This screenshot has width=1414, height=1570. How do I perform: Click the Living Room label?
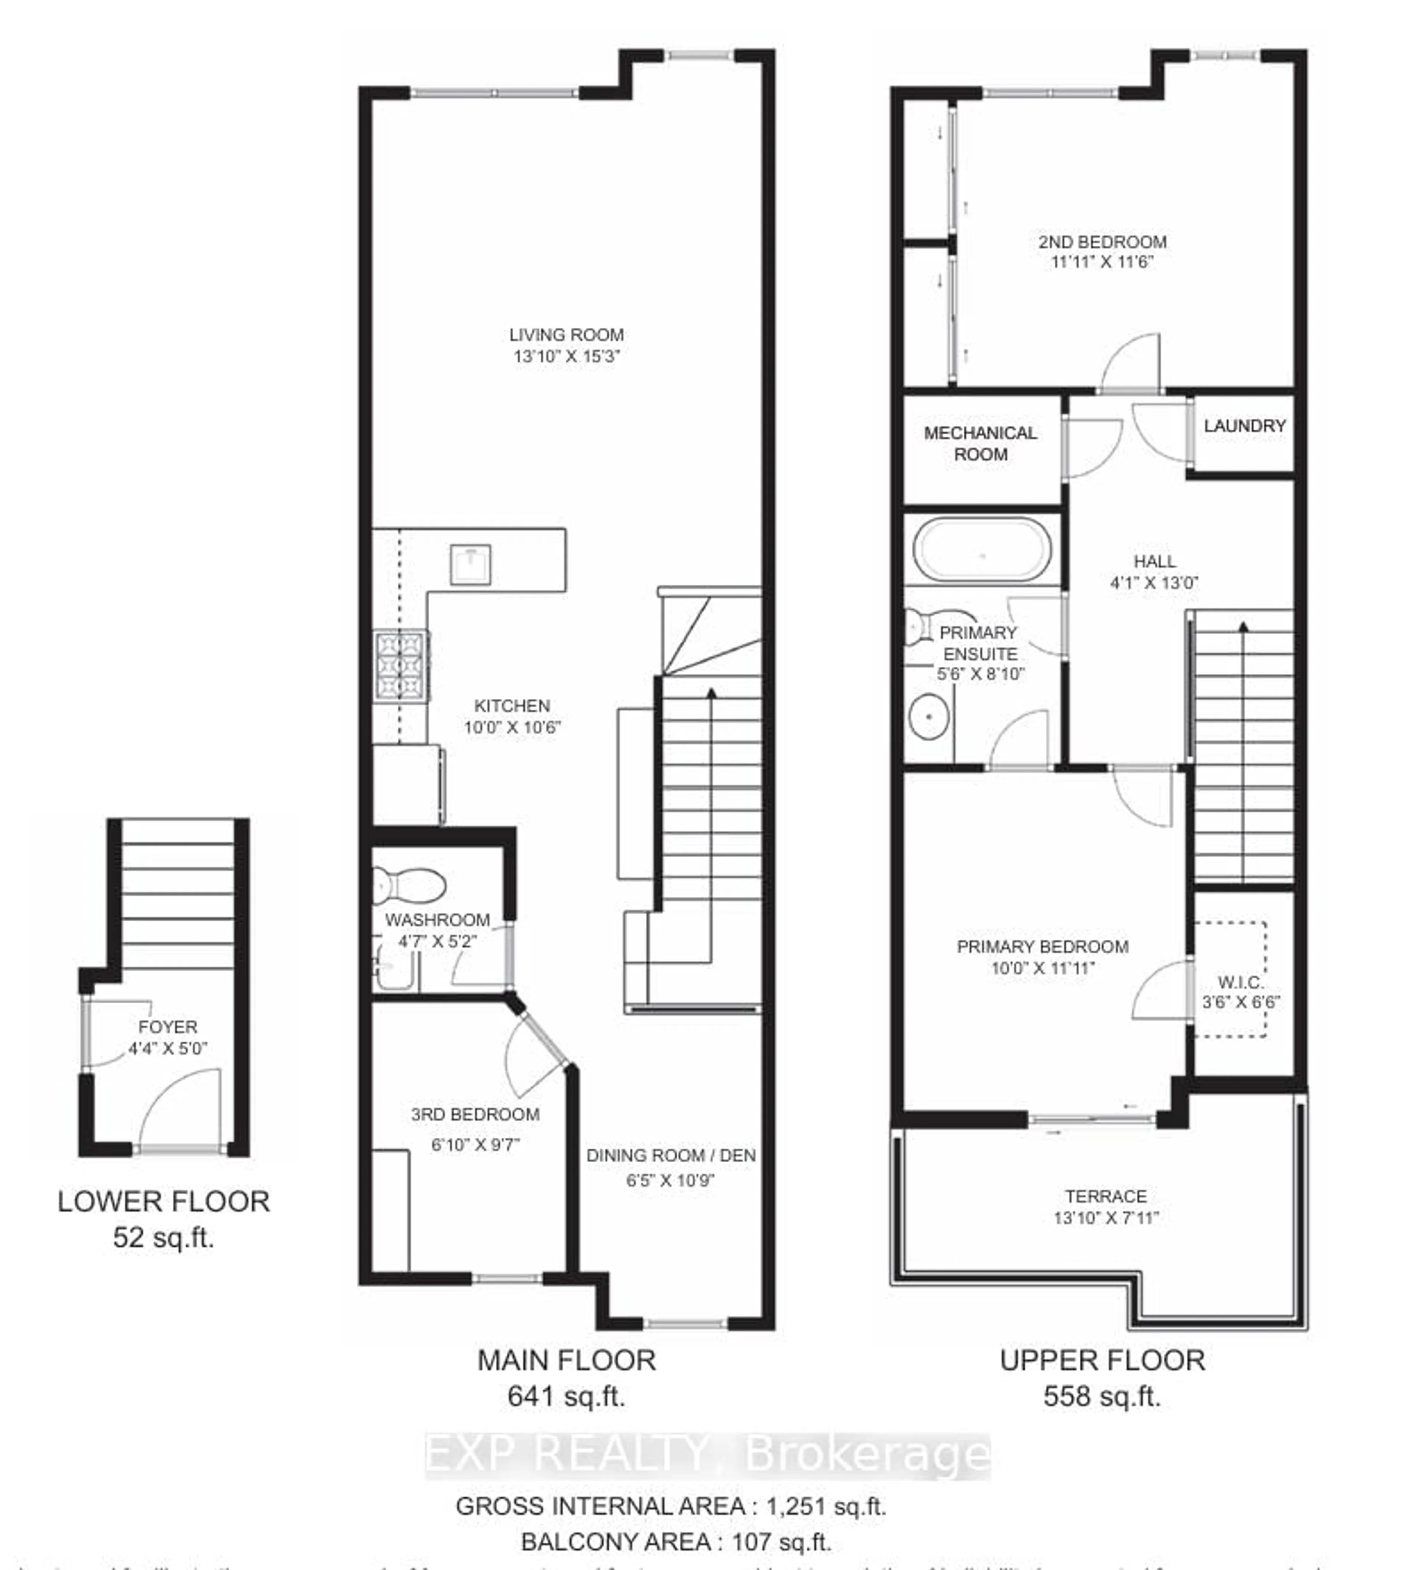[x=566, y=335]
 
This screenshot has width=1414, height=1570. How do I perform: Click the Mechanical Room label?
[x=981, y=443]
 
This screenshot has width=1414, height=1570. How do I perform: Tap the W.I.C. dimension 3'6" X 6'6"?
[x=1241, y=1002]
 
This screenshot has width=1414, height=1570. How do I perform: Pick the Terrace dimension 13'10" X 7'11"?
[x=1105, y=1218]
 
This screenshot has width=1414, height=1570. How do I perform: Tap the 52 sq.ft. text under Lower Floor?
[x=163, y=1237]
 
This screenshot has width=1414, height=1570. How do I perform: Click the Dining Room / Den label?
[x=671, y=1155]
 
